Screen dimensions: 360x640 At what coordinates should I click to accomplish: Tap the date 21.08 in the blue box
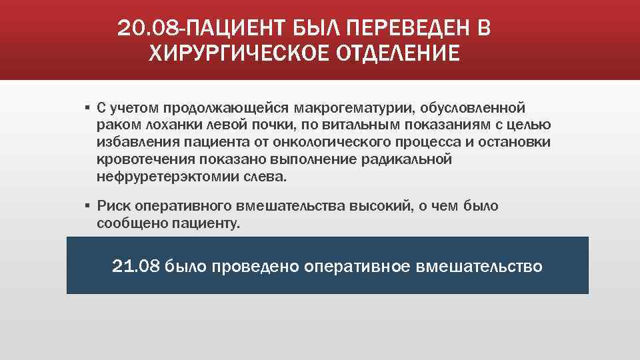137,267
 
